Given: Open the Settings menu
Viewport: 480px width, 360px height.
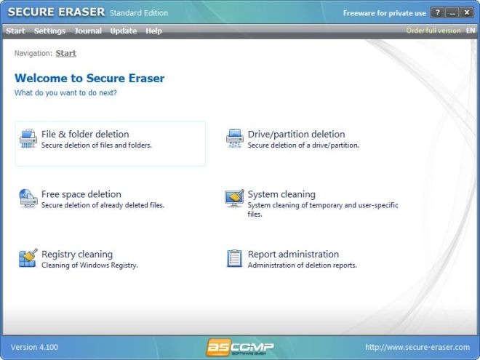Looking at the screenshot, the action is [x=50, y=31].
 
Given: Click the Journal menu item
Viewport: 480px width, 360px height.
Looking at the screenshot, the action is [x=88, y=31].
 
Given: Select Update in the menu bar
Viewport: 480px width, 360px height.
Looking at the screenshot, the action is [x=124, y=31].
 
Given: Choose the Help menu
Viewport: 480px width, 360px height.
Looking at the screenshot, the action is [x=153, y=31].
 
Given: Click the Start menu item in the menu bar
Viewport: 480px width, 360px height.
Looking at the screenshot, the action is [x=15, y=31].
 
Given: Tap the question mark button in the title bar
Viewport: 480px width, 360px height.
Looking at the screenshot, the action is [x=437, y=13].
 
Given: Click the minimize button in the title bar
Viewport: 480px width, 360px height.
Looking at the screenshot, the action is [x=452, y=13].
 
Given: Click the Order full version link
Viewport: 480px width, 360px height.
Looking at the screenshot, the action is [x=433, y=31].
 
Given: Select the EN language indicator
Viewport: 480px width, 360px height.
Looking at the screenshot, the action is [x=471, y=31].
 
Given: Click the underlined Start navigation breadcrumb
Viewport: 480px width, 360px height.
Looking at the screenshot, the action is [x=65, y=53].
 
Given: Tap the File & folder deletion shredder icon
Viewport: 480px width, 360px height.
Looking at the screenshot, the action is [x=28, y=138].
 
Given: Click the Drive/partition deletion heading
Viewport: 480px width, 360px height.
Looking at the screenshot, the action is [x=296, y=134].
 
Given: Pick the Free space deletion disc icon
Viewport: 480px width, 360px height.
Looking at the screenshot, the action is [x=28, y=199].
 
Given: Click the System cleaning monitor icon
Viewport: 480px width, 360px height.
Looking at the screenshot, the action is [x=234, y=199].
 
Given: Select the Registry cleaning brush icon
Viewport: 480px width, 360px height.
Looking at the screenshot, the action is [x=28, y=257].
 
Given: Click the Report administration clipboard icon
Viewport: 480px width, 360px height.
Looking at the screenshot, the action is [x=234, y=258].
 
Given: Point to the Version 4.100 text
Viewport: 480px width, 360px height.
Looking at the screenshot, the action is [x=34, y=347].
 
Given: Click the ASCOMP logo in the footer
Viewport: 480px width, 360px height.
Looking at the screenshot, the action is [x=240, y=347].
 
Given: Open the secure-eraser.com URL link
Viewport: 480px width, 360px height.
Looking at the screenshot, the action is [x=417, y=347].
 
